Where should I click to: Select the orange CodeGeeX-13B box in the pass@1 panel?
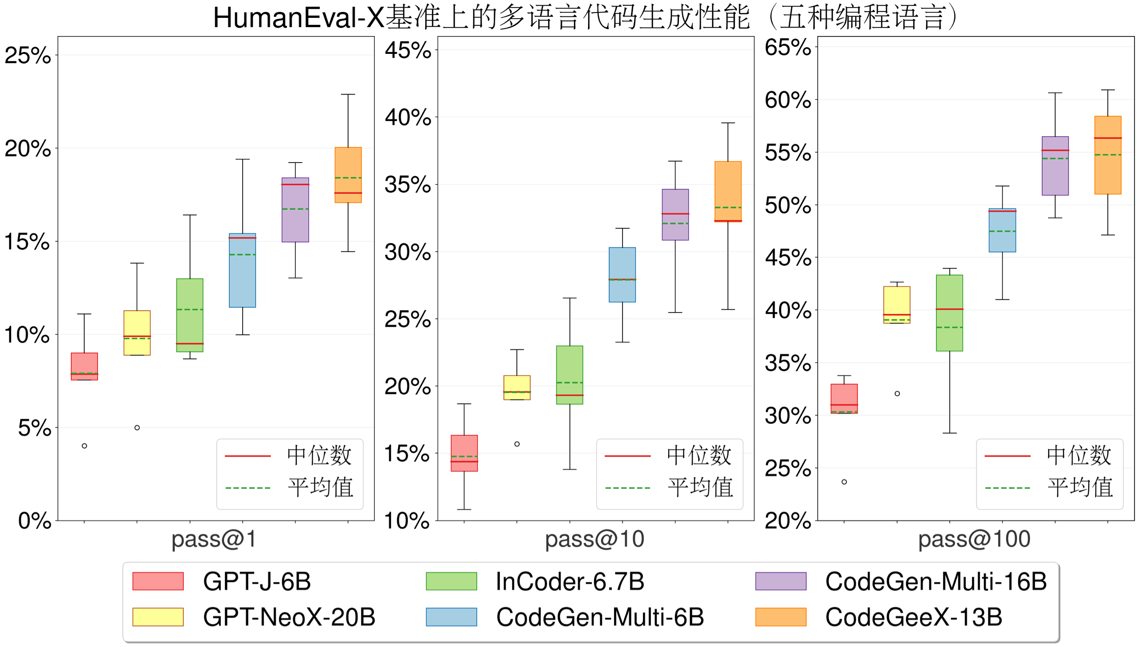tap(348, 175)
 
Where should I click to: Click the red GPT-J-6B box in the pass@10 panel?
tap(464, 453)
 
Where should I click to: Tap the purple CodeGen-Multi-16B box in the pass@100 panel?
tap(1055, 166)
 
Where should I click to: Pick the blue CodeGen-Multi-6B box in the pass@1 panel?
tap(243, 270)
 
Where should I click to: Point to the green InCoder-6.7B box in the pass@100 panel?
tap(950, 313)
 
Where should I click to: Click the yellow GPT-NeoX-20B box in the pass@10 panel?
tap(517, 387)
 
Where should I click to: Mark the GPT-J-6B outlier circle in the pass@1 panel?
tap(85, 446)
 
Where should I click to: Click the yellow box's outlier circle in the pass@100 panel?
tap(897, 394)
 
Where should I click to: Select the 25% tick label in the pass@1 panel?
tap(28, 56)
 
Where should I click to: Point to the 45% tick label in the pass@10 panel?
tap(408, 50)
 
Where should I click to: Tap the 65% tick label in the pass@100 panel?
tap(788, 47)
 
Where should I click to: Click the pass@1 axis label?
tap(214, 539)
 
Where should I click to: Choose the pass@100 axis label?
tap(974, 539)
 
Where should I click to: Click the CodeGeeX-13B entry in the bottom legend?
tap(913, 617)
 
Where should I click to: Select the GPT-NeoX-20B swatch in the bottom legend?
tap(158, 617)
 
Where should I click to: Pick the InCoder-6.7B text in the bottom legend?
tap(570, 582)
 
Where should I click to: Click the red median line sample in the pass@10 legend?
tap(628, 456)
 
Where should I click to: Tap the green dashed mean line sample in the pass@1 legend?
tap(248, 488)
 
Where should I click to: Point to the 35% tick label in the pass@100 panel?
tap(788, 363)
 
